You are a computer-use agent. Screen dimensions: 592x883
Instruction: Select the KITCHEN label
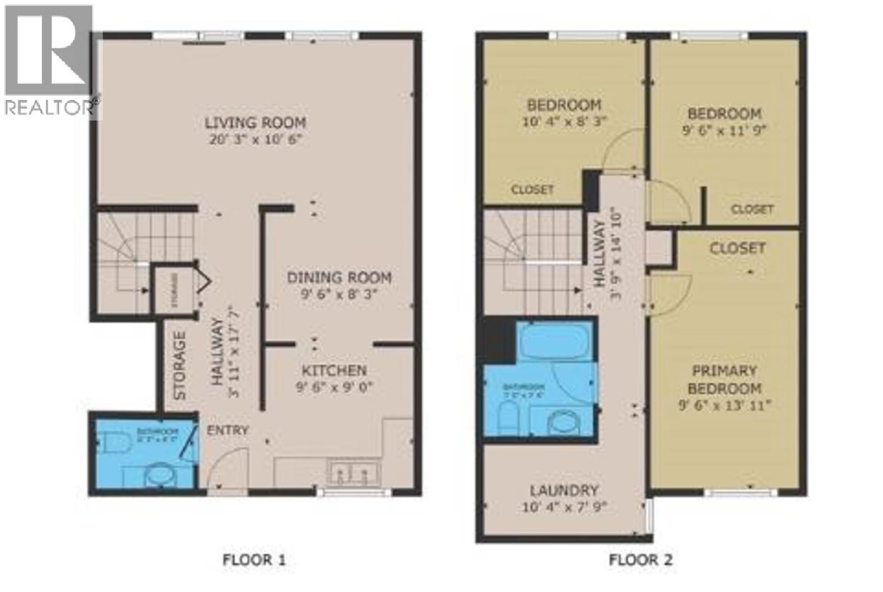[x=334, y=370]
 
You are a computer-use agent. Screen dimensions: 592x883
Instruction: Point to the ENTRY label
[x=227, y=430]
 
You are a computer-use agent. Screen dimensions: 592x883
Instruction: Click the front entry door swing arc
[x=226, y=468]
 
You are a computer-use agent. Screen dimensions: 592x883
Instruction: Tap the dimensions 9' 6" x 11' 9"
[x=724, y=131]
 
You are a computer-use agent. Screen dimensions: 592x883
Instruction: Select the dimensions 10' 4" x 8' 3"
[x=564, y=122]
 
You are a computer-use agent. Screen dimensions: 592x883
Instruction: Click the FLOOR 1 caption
[x=254, y=560]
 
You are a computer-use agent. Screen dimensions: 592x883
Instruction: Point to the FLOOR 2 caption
[x=641, y=560]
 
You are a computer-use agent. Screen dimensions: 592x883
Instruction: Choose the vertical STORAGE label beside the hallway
[x=180, y=365]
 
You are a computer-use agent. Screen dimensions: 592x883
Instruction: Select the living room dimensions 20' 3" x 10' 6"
[x=255, y=140]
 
